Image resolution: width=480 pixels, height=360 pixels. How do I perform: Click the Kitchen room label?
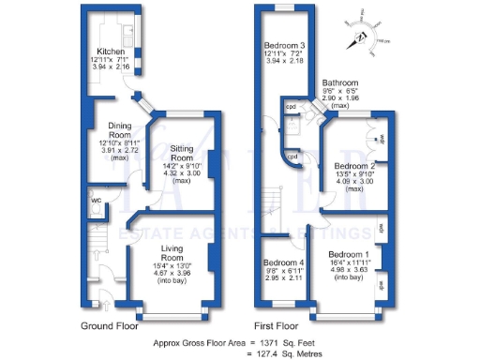[x=112, y=52]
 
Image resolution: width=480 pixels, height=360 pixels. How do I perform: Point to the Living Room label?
[x=171, y=253]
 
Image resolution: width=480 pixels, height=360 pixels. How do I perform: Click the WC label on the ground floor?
[x=97, y=201]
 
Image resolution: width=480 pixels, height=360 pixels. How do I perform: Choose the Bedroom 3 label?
[x=283, y=46]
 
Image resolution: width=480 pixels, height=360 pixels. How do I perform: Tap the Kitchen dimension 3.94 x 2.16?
[x=112, y=68]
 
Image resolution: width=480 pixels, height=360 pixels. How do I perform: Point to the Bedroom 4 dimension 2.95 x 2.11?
[x=282, y=278]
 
